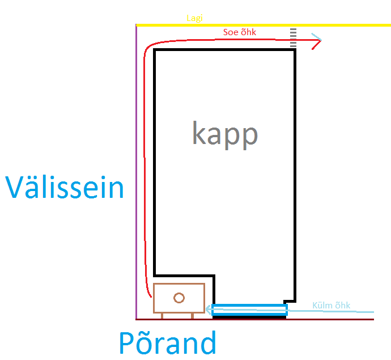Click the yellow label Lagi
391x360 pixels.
(x=195, y=18)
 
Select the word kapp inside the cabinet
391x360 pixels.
(x=225, y=134)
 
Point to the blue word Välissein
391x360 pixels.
(x=65, y=187)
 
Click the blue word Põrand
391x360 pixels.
(x=168, y=343)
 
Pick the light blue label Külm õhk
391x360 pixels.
(x=331, y=306)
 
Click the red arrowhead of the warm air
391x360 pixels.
(x=317, y=41)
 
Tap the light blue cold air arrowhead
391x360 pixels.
(x=209, y=310)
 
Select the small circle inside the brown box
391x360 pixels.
(x=179, y=297)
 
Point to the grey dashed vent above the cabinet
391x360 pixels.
(x=293, y=37)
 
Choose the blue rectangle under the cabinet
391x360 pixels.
(x=250, y=310)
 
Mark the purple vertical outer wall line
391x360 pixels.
(x=137, y=170)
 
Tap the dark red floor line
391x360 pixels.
(x=340, y=319)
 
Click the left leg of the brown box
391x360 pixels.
(x=162, y=315)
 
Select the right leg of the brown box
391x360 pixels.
(x=193, y=315)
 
